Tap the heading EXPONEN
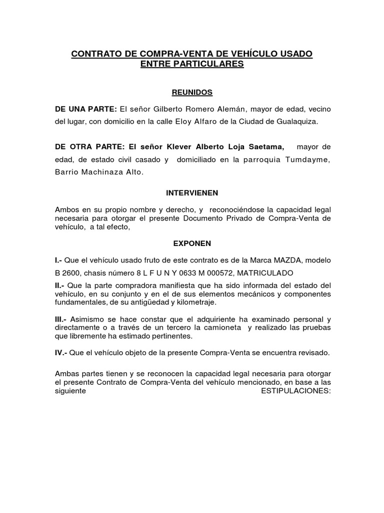click(192, 243)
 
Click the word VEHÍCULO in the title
click(255, 54)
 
